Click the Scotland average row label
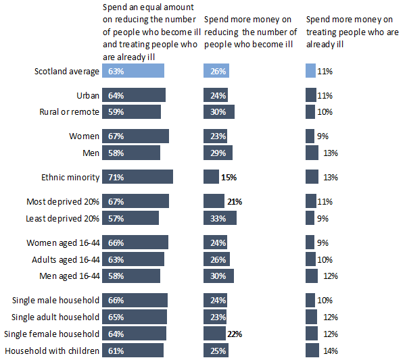(67, 71)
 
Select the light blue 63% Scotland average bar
(133, 71)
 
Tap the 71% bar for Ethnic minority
(137, 177)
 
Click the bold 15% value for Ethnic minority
(228, 177)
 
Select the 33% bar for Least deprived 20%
(220, 217)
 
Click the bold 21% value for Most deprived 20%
(235, 201)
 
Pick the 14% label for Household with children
(331, 351)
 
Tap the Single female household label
(52, 334)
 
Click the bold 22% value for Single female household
(235, 334)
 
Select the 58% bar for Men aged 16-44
(131, 276)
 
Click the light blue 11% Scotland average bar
(310, 71)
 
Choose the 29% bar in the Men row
(218, 153)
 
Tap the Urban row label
(89, 95)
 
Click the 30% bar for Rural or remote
(218, 111)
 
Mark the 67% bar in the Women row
(135, 136)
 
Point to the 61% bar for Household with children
(133, 351)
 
